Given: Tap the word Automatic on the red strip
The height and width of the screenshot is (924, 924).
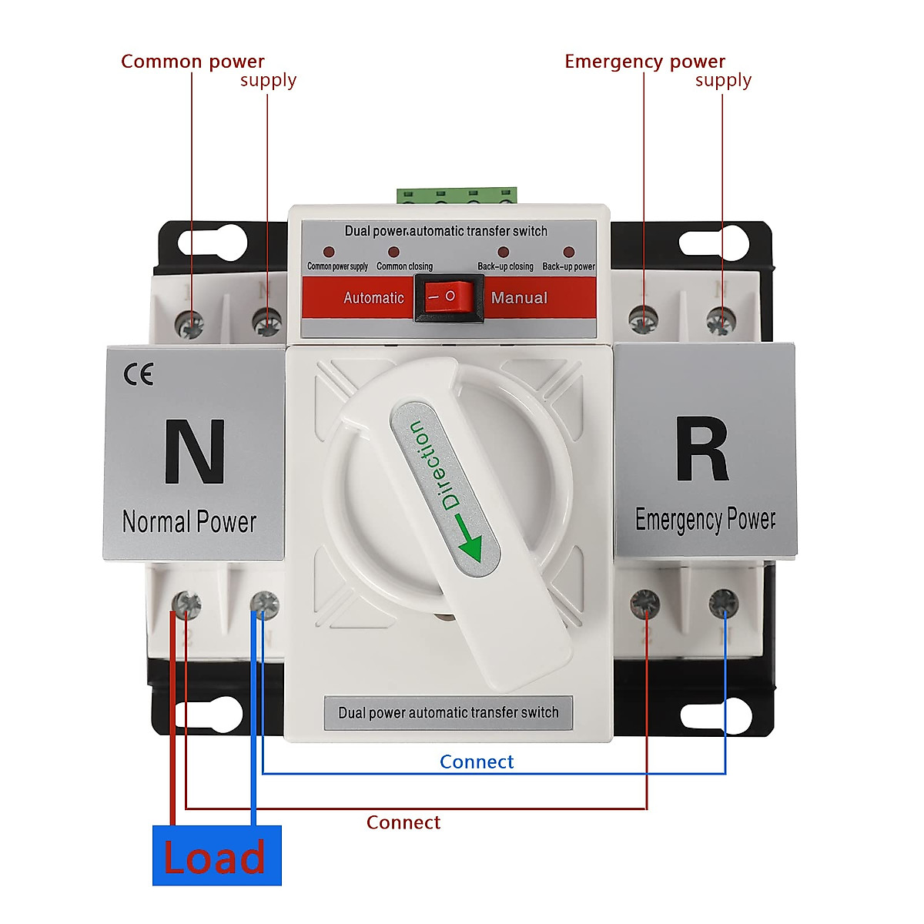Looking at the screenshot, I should click(373, 298).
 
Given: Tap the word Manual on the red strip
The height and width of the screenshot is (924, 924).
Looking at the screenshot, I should click(519, 298).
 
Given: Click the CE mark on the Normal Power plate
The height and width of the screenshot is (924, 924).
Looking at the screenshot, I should click(139, 374).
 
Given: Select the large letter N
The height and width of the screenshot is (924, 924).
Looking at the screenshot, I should click(194, 452).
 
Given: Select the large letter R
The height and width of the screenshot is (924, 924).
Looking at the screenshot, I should click(701, 450).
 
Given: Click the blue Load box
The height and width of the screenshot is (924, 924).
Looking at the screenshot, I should click(216, 855).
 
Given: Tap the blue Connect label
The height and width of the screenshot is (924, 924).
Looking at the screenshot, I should click(476, 762).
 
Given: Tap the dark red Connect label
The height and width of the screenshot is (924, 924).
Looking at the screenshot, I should click(403, 822).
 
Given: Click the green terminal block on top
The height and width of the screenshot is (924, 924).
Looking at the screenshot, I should click(457, 195).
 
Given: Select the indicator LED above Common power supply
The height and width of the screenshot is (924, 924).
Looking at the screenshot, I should click(329, 252).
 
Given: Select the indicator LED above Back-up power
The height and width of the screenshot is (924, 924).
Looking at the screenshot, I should click(568, 252).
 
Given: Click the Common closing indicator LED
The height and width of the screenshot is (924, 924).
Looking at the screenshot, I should click(393, 252).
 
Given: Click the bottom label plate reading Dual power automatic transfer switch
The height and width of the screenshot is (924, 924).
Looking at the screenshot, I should click(448, 712).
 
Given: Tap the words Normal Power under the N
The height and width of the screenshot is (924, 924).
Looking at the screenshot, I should click(189, 522).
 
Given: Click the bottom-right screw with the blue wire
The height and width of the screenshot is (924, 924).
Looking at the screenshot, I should click(723, 603).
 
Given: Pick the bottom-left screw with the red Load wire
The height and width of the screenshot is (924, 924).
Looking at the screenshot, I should click(186, 605).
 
